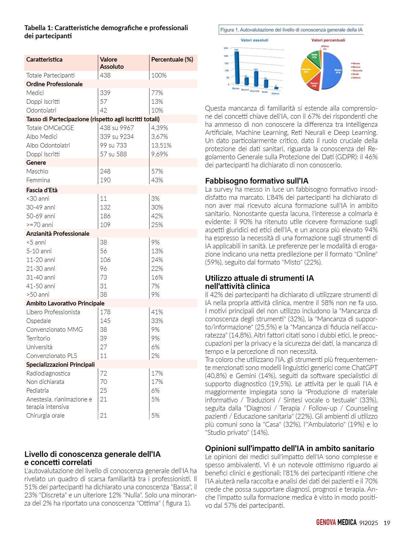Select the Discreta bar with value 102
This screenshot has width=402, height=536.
tap(256, 79)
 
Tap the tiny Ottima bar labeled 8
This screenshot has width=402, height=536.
tap(276, 88)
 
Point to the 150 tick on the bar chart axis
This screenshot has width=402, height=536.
tap(226, 63)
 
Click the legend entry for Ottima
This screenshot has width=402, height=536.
tap(356, 78)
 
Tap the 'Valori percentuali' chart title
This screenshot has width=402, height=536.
tap(328, 40)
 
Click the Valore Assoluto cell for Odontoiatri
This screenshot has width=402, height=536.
tap(103, 110)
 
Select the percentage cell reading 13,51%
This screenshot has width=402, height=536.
tap(161, 145)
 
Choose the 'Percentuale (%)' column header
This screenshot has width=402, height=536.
tap(172, 60)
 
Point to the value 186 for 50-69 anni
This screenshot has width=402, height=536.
tap(105, 216)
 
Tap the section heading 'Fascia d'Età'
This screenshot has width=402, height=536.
tap(42, 190)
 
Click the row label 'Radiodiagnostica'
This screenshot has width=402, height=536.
tap(48, 373)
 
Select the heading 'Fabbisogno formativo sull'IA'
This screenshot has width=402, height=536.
tap(256, 181)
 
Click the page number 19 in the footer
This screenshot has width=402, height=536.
tap(386, 523)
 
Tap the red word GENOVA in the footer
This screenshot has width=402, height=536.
tap(326, 522)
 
